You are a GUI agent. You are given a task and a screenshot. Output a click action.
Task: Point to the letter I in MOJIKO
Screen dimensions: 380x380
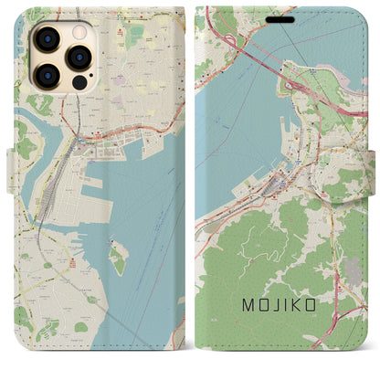click(x=282, y=301)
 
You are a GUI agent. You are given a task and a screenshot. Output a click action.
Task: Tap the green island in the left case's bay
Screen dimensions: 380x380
click(x=117, y=259)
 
